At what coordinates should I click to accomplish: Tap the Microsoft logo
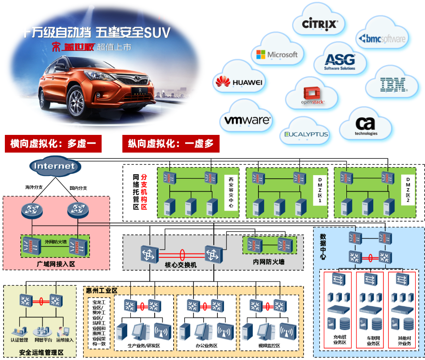(277, 54)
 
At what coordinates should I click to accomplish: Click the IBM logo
(393, 84)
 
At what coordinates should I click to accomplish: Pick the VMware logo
(247, 120)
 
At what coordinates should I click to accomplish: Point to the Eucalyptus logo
(307, 134)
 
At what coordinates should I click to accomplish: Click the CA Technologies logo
(366, 126)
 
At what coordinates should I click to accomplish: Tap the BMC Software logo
(383, 39)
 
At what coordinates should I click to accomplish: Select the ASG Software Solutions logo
(340, 62)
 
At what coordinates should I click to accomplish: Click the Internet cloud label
(55, 166)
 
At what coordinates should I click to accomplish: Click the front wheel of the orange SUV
(76, 101)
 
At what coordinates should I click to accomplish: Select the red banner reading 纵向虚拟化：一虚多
(171, 144)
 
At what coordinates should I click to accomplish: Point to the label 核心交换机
(181, 264)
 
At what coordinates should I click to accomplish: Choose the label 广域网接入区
(56, 264)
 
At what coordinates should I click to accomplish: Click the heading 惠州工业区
(102, 291)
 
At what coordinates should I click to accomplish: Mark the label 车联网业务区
(369, 340)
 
